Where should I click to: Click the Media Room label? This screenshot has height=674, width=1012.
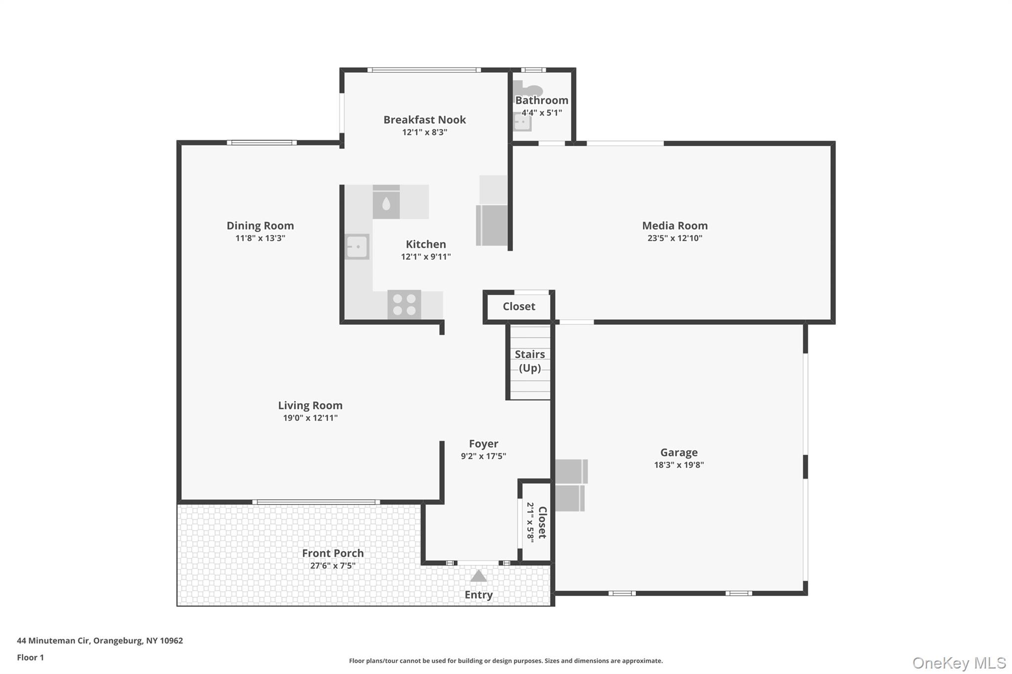(675, 226)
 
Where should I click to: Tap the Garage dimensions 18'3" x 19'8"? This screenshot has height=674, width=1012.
(678, 465)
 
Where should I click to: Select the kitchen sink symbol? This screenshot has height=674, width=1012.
(357, 246)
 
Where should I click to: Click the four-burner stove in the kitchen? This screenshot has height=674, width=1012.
(404, 304)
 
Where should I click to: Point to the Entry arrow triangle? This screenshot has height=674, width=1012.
(478, 576)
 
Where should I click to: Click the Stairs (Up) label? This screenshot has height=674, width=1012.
(530, 361)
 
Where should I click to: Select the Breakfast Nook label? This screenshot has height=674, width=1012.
(424, 119)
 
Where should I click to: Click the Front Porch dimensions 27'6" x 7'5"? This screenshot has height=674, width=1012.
(333, 566)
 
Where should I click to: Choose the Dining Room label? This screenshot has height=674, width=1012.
(260, 226)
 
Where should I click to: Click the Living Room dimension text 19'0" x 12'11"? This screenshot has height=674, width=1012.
(310, 418)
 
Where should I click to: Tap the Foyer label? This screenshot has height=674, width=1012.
(483, 443)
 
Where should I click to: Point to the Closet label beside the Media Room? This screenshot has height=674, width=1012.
(519, 306)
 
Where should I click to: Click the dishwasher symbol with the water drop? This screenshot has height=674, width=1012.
(386, 202)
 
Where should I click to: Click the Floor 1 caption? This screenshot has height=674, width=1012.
(30, 657)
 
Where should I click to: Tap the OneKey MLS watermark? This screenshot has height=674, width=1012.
(959, 663)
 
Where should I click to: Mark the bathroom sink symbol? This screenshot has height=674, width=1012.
(522, 121)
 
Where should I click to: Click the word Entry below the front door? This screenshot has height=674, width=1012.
(478, 595)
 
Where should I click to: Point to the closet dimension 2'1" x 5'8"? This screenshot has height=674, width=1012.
(530, 522)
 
